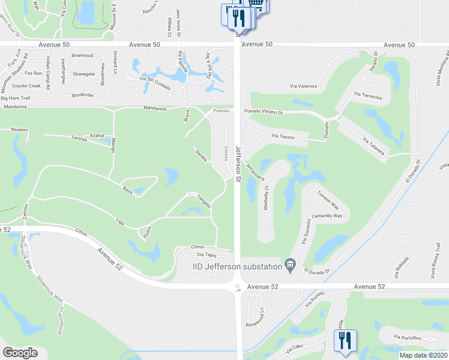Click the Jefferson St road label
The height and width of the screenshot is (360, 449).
pyautogui.click(x=238, y=163)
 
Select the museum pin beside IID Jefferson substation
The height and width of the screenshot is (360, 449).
pyautogui.click(x=291, y=265)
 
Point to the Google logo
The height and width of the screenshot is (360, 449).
pyautogui.click(x=20, y=352)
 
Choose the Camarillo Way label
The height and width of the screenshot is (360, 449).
pyautogui.click(x=327, y=215)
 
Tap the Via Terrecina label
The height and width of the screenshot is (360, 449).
pyautogui.click(x=368, y=95)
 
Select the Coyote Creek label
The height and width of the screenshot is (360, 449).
pyautogui.click(x=26, y=86)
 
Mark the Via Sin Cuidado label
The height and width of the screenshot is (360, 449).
pyautogui.click(x=155, y=83)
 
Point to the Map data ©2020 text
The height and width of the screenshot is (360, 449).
pyautogui.click(x=424, y=355)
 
